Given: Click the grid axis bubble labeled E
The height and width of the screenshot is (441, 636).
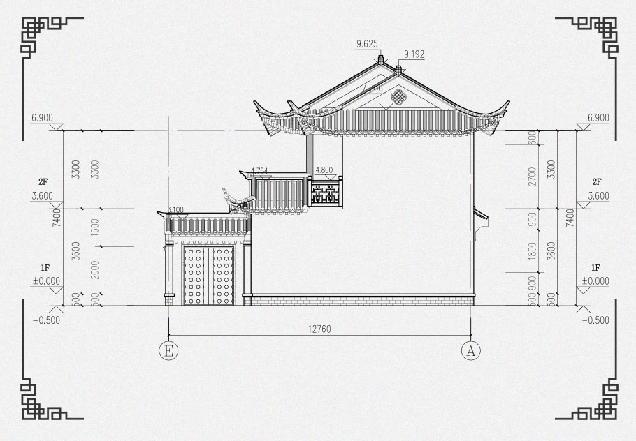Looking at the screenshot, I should [168, 350].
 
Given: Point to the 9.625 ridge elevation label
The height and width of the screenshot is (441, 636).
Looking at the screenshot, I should [367, 44].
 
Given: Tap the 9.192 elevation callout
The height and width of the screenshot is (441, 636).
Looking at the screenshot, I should [414, 53].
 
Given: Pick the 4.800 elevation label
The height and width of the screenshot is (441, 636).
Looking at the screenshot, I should [325, 170].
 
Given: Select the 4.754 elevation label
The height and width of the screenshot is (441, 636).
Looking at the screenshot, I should [259, 170].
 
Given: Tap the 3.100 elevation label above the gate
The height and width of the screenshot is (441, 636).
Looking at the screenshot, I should [175, 209].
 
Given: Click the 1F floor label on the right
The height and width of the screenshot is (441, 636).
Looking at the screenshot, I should [595, 268].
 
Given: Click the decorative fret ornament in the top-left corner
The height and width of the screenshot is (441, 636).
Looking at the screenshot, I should [43, 36].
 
